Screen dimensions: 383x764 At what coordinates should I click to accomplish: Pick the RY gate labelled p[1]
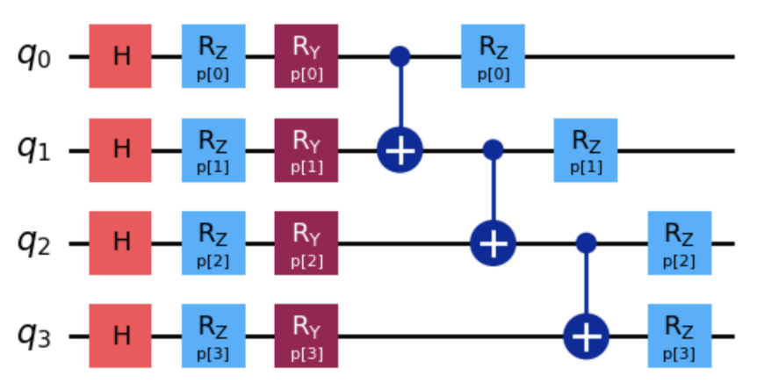(306, 150)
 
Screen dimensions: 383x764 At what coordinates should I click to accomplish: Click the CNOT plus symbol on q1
(400, 150)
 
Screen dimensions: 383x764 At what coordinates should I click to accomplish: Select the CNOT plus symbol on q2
(494, 243)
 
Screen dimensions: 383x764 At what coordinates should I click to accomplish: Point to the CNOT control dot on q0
(400, 56)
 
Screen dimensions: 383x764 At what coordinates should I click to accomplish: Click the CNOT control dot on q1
(494, 150)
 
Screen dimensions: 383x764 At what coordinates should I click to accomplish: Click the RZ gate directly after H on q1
(213, 150)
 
